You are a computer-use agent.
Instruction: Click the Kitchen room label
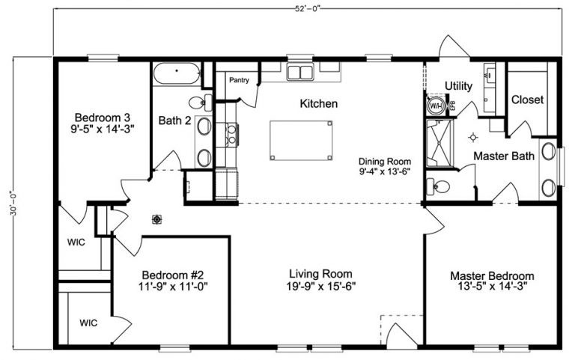318,103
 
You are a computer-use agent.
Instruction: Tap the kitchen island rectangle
302,139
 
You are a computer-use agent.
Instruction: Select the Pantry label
239,80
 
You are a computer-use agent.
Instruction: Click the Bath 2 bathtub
177,75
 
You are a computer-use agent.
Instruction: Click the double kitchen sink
302,73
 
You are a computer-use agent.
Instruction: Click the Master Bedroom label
492,275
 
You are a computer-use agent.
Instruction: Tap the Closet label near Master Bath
527,100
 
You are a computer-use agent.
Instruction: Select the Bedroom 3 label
103,118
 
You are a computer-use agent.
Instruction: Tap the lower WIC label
89,323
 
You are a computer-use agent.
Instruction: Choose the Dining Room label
385,161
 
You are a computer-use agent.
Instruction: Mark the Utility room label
458,87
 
